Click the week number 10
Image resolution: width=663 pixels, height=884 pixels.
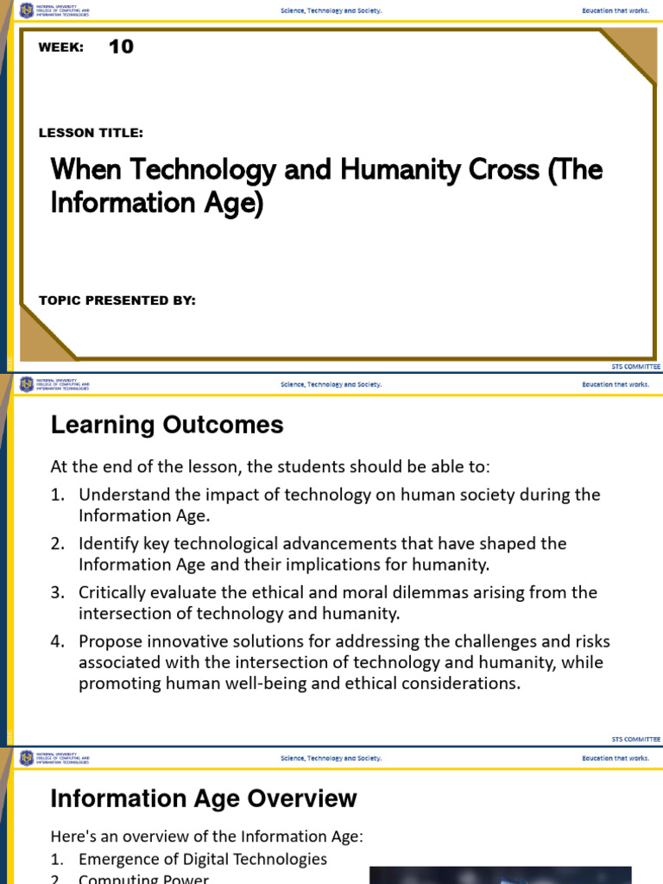tap(121, 47)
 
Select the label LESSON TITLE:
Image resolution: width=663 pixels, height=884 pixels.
tap(91, 132)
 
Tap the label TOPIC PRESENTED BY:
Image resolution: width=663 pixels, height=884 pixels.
tap(117, 300)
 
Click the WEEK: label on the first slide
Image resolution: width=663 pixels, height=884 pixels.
tap(60, 47)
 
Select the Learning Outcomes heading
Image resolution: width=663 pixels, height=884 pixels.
tap(167, 425)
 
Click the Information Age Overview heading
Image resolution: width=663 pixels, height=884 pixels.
tap(204, 799)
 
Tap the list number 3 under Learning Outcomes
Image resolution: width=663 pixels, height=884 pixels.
tap(57, 593)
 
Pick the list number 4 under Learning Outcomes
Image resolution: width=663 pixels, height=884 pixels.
tap(57, 641)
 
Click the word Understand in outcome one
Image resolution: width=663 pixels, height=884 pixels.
tap(119, 495)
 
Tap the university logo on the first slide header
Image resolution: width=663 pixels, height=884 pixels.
tap(26, 10)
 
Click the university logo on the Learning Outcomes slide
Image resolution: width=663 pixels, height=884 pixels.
tap(26, 384)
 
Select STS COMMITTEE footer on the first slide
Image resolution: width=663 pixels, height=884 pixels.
tap(635, 366)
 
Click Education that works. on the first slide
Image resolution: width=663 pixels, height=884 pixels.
tap(616, 10)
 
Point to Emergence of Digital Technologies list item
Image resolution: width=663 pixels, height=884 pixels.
tap(203, 859)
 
